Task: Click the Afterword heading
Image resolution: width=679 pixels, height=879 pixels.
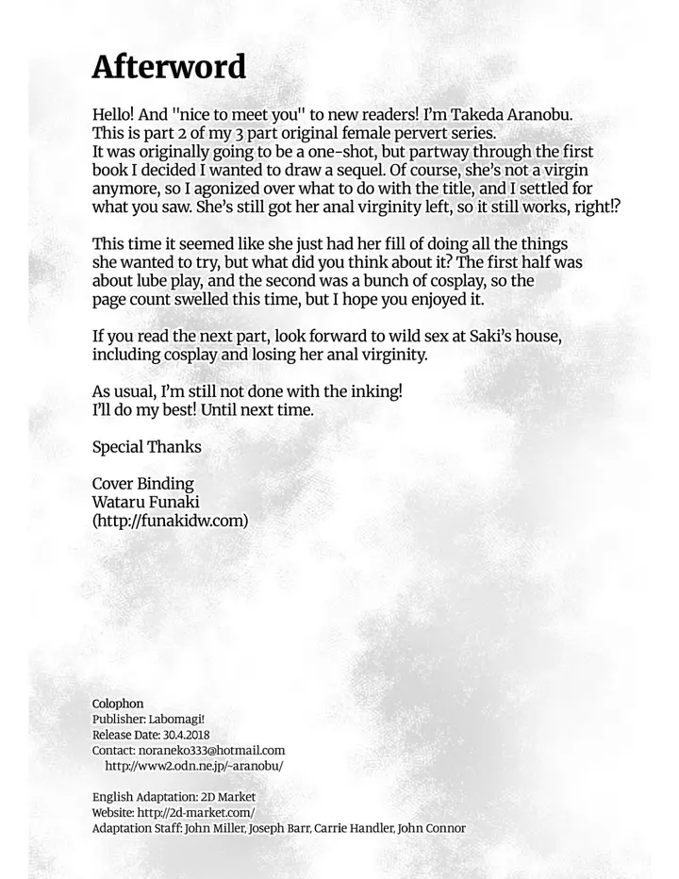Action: (169, 67)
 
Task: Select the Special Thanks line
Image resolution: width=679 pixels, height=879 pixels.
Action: (146, 447)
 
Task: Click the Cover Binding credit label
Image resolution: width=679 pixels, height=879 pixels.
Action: (142, 484)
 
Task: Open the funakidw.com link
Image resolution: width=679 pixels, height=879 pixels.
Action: (170, 521)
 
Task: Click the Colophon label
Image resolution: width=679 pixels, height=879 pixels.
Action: (118, 704)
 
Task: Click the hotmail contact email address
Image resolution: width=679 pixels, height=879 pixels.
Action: (216, 751)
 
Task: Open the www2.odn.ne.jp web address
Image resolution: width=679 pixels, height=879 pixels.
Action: (193, 766)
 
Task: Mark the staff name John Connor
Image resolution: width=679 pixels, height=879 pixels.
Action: (432, 828)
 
